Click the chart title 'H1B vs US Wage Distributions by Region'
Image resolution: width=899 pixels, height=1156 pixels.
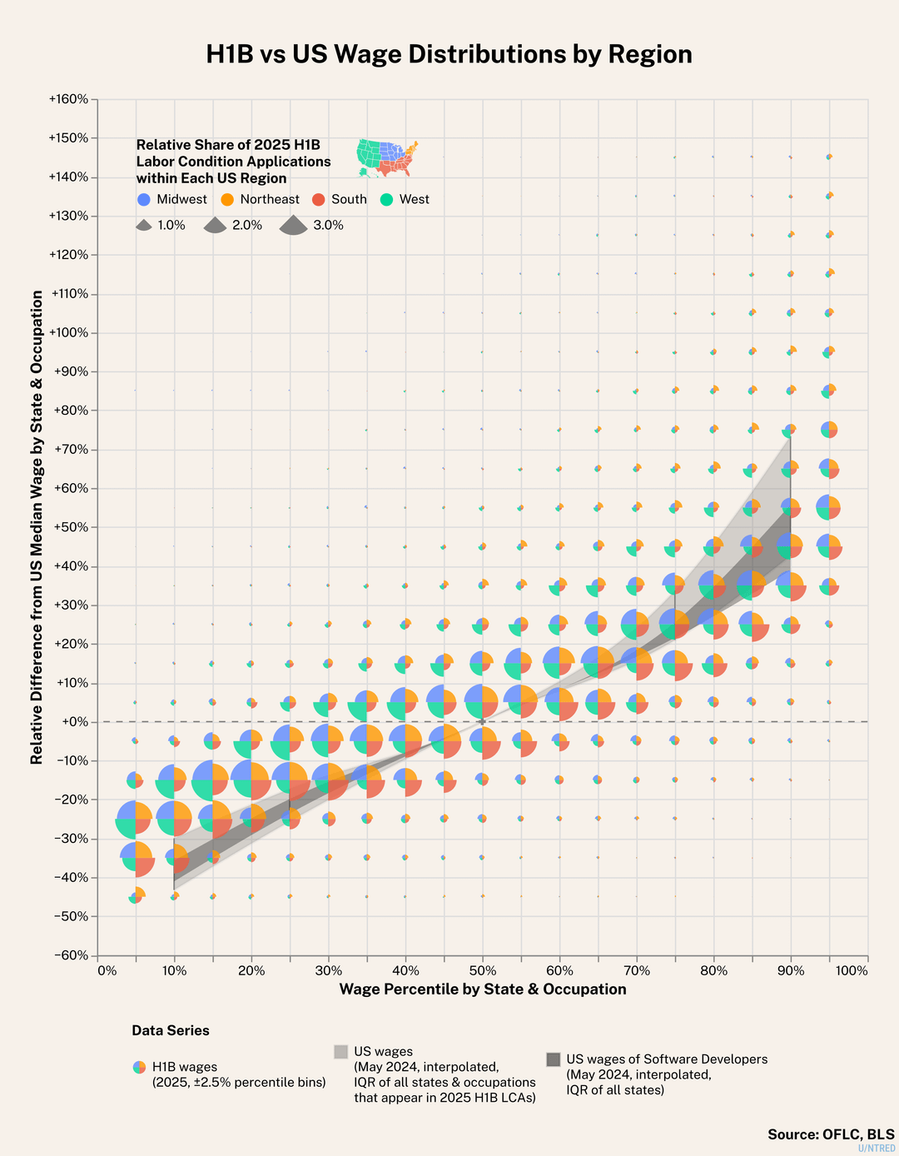pos(449,54)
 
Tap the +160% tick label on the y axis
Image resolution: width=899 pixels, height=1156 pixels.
pos(68,99)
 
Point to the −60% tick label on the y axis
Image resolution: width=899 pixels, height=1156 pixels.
pos(70,955)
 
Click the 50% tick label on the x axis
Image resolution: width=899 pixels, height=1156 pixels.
pos(483,971)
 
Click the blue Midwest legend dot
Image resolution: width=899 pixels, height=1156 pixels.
pos(144,200)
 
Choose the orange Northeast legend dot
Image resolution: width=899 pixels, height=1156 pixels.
pos(227,200)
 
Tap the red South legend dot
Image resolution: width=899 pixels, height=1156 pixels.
pos(318,200)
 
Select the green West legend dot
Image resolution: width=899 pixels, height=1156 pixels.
pos(386,200)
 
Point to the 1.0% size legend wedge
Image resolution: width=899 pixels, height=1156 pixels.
pos(143,226)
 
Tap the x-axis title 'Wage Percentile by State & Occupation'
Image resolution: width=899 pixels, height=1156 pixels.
pos(483,989)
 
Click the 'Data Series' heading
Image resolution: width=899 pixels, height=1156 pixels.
pos(171,1031)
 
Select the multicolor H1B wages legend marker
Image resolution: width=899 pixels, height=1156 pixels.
pos(139,1067)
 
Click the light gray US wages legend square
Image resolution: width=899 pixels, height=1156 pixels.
pos(340,1052)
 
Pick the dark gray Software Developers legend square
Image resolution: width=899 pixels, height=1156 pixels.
pos(553,1059)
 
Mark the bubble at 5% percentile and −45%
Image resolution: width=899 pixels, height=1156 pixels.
pos(136,897)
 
